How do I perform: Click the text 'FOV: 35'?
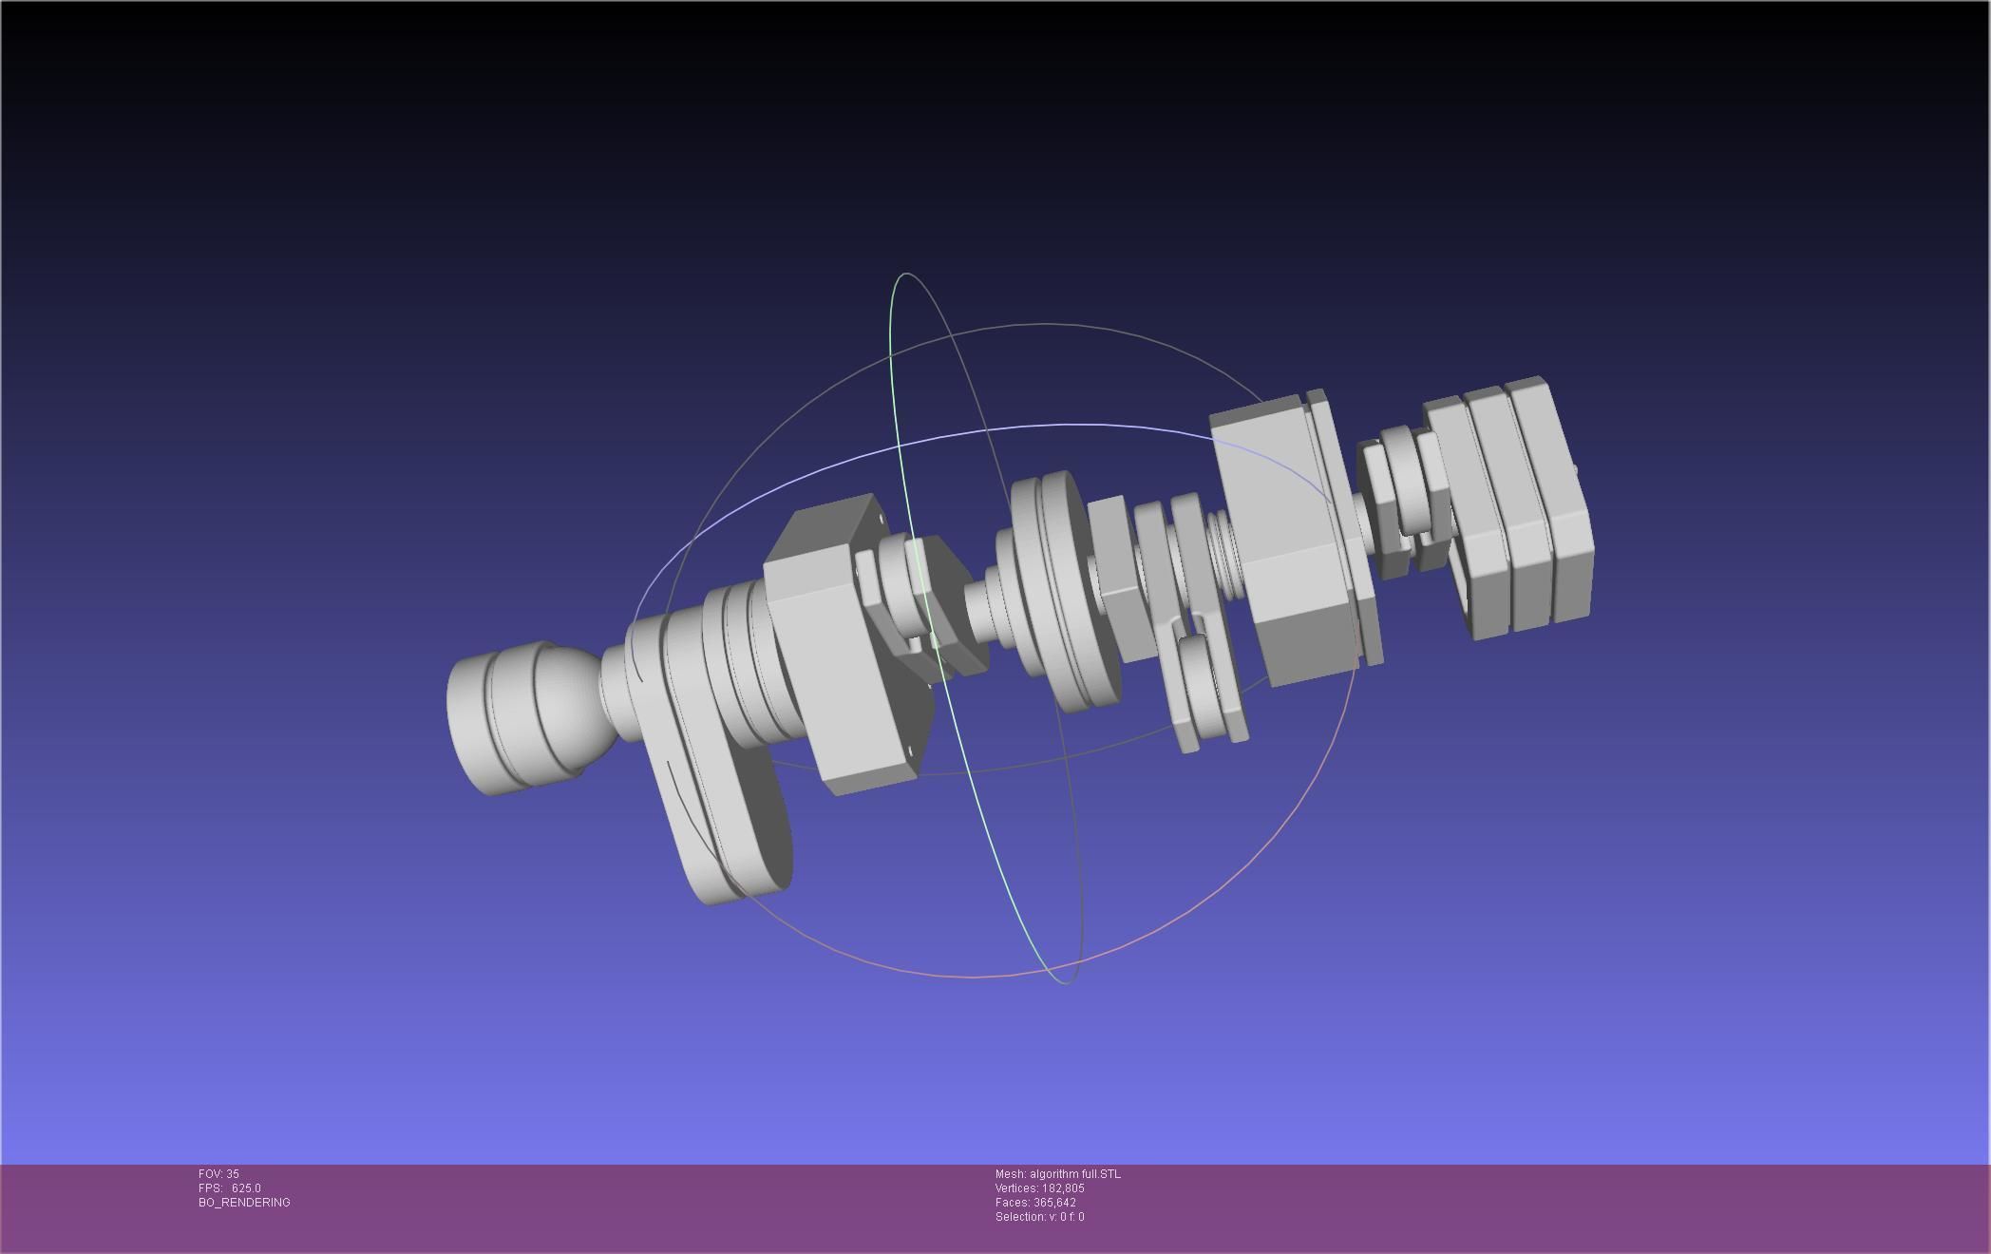(218, 1174)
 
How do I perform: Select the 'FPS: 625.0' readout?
(229, 1188)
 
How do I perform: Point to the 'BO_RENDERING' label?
(244, 1203)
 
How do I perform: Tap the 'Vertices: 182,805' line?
(1039, 1188)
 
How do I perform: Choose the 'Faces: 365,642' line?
(1035, 1203)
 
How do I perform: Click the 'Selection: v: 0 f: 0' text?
(1039, 1217)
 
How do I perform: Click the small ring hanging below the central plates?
(1202, 684)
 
